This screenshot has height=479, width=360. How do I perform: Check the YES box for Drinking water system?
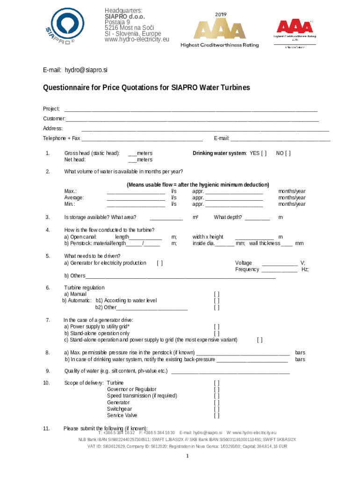coord(264,153)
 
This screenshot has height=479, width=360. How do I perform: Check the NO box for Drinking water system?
coord(288,153)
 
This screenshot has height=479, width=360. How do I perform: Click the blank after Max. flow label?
coord(136,191)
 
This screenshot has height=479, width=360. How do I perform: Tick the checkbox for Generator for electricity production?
coord(160,263)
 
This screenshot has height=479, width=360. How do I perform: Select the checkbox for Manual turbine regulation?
coord(216,294)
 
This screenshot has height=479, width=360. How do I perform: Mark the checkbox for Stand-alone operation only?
coord(216,334)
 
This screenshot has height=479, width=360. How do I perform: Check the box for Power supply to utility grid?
coord(216,327)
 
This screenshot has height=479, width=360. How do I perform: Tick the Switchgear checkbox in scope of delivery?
coord(216,409)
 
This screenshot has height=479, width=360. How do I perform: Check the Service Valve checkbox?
coord(216,415)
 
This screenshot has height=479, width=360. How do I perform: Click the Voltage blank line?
coord(280,263)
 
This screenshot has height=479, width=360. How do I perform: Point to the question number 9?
coord(48,371)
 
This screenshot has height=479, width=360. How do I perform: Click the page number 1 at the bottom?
coord(187,457)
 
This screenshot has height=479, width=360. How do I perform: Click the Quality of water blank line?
coord(231,372)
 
